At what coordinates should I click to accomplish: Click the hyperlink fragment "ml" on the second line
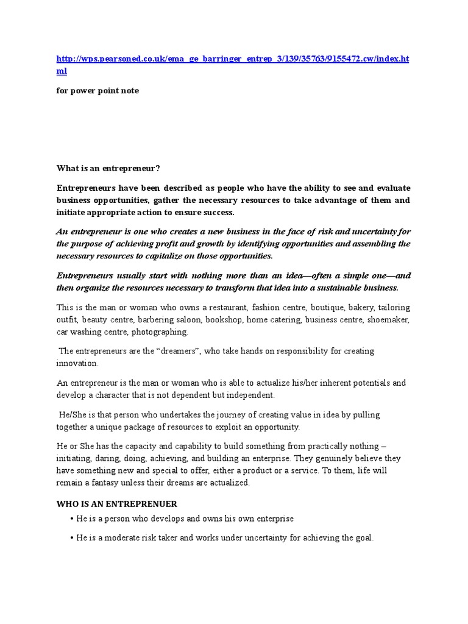coord(62,71)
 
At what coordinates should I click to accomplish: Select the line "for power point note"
coord(97,91)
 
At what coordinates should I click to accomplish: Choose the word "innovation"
coord(77,363)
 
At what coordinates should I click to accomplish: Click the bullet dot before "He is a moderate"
coord(72,539)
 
